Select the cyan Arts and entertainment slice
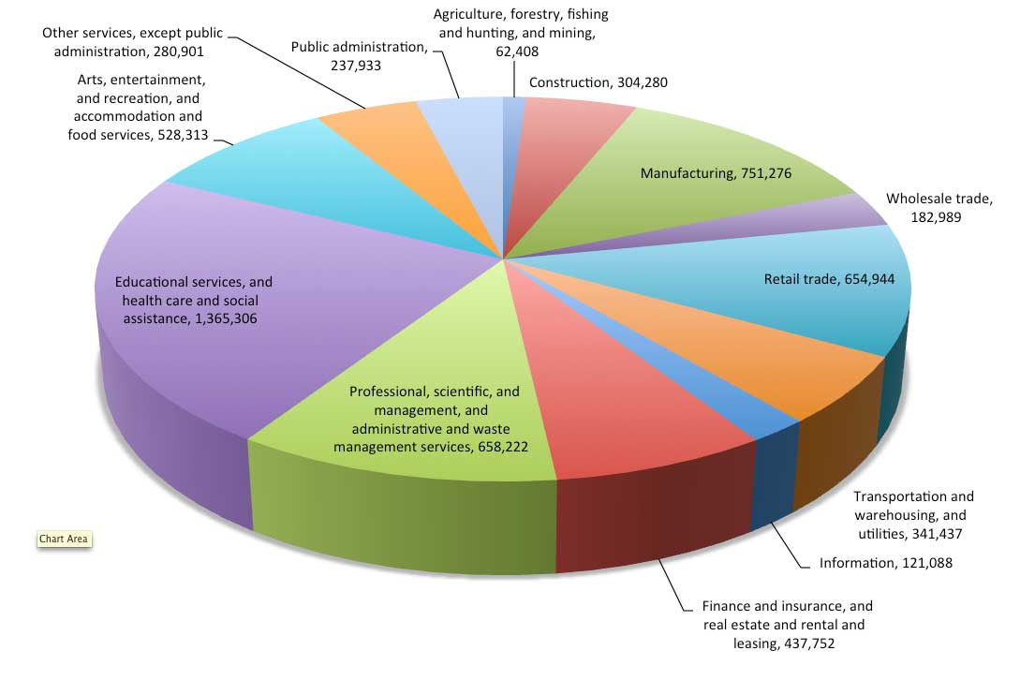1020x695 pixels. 325,183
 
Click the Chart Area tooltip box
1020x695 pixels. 64,539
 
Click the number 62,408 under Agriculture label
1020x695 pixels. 517,52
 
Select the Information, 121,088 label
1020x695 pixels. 885,563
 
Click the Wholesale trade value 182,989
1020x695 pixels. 936,217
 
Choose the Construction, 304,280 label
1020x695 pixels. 598,82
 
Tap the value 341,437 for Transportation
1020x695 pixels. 937,534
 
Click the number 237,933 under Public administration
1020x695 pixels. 356,66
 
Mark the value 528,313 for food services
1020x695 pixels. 183,136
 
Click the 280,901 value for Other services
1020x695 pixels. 178,52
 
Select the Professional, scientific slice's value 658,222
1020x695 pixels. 503,447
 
